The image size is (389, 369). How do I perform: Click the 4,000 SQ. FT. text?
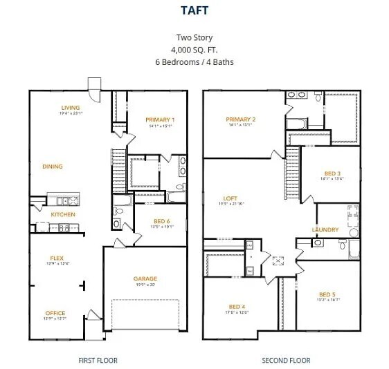click(x=194, y=50)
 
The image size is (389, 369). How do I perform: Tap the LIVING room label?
click(x=71, y=108)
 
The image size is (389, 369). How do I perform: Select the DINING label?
click(x=53, y=167)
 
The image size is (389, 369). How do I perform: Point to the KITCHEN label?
click(x=63, y=214)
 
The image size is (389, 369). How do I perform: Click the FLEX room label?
click(x=57, y=258)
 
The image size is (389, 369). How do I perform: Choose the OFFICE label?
click(x=56, y=313)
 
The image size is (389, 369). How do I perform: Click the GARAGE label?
click(x=145, y=278)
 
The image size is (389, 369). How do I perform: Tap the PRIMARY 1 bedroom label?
click(x=160, y=120)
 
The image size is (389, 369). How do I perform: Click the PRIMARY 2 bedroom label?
click(x=241, y=120)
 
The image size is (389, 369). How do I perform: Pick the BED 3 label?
click(x=332, y=173)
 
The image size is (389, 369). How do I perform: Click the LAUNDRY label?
click(x=325, y=229)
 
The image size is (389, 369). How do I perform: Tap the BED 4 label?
click(x=237, y=306)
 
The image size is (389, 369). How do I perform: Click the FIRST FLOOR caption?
click(x=98, y=360)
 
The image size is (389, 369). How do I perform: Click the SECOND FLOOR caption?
click(x=286, y=360)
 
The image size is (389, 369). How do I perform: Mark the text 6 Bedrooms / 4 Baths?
click(x=194, y=61)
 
